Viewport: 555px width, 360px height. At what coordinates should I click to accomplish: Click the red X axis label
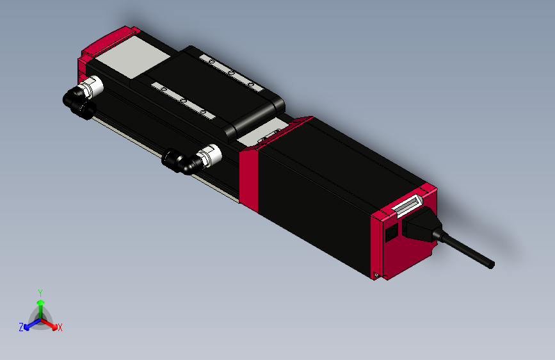60,327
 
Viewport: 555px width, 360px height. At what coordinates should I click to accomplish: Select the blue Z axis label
21,327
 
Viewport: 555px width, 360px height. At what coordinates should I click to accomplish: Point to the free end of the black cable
491,263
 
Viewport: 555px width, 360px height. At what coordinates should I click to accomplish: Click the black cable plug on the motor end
419,227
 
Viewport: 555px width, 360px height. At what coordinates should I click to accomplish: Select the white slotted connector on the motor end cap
407,206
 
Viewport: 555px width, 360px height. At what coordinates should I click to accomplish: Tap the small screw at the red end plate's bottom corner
377,276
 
